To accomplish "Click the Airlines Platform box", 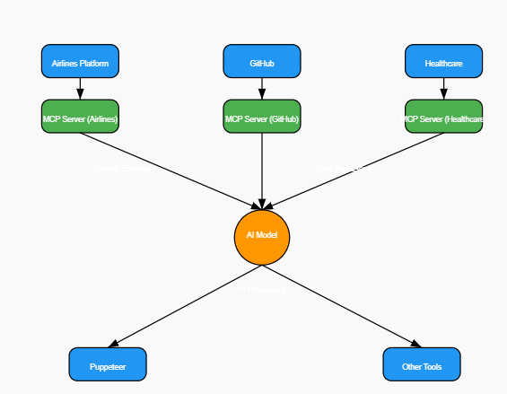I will coord(80,62).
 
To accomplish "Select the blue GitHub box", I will coord(262,62).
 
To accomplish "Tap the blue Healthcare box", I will coord(443,62).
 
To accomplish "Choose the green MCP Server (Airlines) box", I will coord(80,117).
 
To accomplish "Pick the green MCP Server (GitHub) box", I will coord(262,117).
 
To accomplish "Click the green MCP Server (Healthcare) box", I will coord(443,117).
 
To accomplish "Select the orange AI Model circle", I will coord(262,236).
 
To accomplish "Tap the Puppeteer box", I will coord(108,364).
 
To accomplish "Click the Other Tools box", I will coord(421,364).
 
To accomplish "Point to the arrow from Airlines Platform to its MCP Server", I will coord(80,88).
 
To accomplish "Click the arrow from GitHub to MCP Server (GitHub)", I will coord(262,88).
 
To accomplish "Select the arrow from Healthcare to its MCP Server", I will coord(443,88).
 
